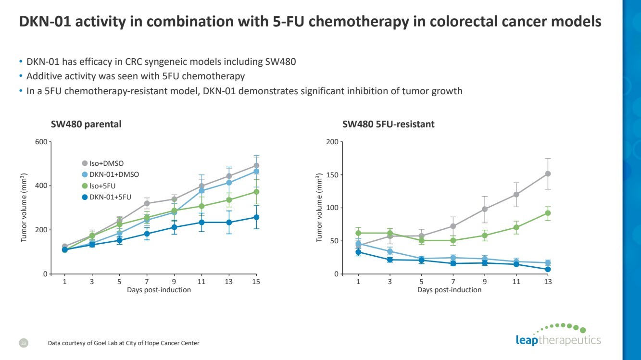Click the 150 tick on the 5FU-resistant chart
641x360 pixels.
coord(331,175)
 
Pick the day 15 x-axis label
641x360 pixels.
coord(256,282)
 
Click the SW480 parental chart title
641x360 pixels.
coord(86,124)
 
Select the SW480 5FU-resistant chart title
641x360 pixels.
coord(388,124)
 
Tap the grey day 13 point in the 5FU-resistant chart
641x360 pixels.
coord(548,174)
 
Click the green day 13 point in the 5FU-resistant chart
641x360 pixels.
coord(548,213)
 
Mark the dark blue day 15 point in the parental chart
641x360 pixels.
coord(256,217)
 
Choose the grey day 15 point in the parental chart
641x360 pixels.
coord(256,165)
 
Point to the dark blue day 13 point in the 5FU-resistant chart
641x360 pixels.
coord(548,269)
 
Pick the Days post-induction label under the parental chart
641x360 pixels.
coord(159,290)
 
